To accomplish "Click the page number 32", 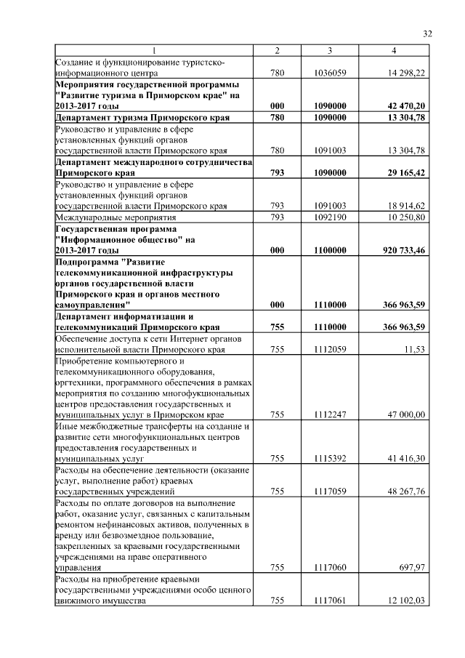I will (427, 33).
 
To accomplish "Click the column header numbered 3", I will (330, 50).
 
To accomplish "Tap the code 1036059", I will (330, 73).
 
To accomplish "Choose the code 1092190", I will (330, 217).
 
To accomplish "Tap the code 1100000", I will (330, 250).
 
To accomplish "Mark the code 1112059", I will (330, 350).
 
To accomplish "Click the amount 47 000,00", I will (407, 414).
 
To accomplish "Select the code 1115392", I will (330, 460).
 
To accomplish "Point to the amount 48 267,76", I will (407, 492).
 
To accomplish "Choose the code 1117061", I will (330, 601).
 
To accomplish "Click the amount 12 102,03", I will (407, 601).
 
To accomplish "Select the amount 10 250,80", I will (407, 217).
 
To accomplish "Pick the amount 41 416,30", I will (407, 460).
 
